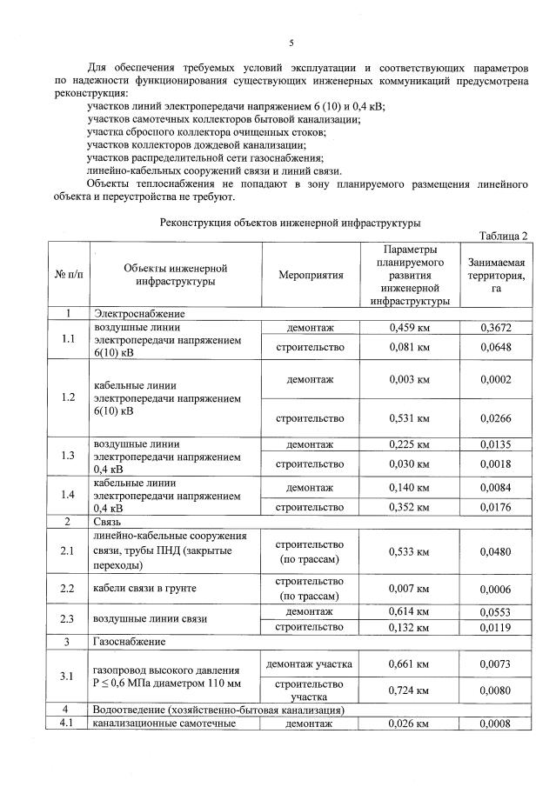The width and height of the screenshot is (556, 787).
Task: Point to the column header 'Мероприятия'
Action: (311, 274)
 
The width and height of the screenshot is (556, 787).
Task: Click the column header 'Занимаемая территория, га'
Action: (496, 274)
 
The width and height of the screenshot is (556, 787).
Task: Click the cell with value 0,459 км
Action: (410, 328)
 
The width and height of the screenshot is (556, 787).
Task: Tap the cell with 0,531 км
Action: (410, 418)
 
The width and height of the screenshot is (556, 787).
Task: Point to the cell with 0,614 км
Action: (410, 612)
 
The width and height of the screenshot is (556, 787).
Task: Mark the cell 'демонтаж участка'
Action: (311, 664)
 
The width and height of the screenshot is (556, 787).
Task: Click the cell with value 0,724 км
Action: (410, 690)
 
